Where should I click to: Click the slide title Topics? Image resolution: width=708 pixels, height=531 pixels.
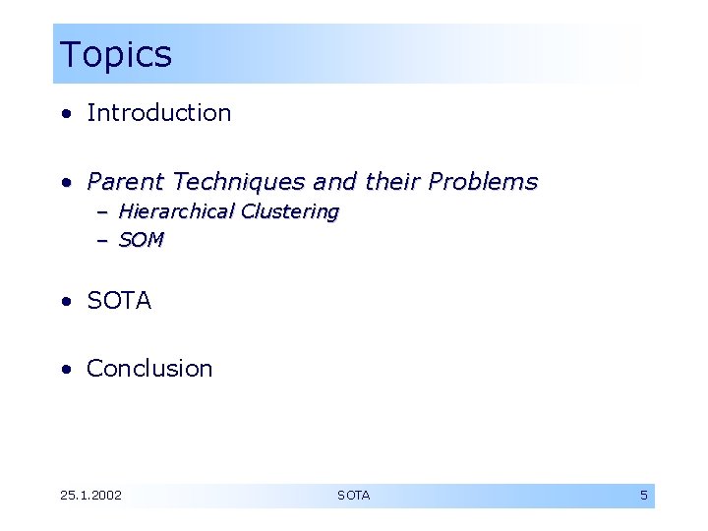[115, 55]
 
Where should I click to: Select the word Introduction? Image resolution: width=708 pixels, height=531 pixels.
[158, 113]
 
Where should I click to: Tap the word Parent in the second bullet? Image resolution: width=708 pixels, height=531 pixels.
[125, 182]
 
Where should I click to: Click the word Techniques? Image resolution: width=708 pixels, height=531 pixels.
[237, 182]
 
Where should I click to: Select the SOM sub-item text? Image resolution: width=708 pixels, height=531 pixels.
[141, 240]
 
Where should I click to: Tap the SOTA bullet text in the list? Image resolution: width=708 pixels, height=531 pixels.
[119, 301]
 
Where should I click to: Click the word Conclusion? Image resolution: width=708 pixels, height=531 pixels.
[149, 369]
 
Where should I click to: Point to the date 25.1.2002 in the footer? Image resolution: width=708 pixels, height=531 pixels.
[90, 496]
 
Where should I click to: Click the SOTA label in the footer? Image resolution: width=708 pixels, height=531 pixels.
[354, 496]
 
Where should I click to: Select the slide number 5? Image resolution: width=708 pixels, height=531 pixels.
[644, 496]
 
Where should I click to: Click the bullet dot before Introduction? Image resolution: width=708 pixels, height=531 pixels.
[65, 114]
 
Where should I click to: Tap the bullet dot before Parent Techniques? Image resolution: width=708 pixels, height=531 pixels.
[65, 183]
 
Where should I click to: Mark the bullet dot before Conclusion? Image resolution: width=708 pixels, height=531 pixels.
[65, 370]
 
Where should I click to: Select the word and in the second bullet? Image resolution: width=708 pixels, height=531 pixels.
[334, 182]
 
